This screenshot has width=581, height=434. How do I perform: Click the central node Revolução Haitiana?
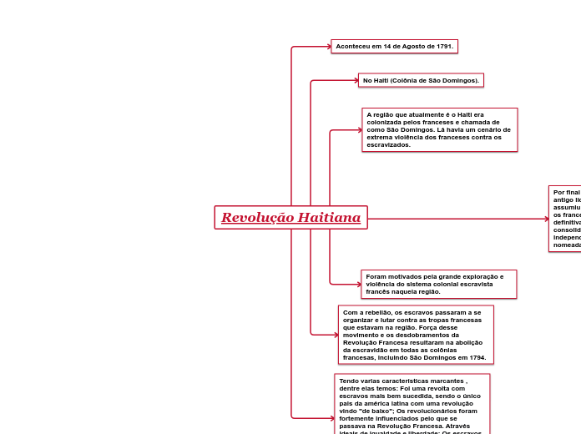coord(290,218)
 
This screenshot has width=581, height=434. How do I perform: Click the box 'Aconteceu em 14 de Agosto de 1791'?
coord(394,47)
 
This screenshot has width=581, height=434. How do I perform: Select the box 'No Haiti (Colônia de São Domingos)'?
coord(421,81)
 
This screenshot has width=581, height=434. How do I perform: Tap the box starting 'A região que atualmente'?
coord(439,129)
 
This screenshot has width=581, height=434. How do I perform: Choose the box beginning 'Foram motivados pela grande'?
coord(439,284)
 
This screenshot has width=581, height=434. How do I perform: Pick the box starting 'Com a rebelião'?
coord(415,335)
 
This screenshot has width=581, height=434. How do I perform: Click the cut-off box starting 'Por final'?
coord(565,219)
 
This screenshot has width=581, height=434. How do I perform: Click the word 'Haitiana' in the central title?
coord(330,218)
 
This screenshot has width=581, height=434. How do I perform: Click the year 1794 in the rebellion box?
coord(477,357)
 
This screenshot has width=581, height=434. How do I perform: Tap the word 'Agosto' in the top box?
coord(407,47)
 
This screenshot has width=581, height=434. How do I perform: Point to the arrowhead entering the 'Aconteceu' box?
coord(327,47)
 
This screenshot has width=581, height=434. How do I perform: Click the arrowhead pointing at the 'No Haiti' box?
coord(355,81)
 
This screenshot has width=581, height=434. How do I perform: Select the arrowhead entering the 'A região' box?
coord(358,130)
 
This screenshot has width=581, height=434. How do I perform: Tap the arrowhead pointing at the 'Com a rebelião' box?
coord(335,335)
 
